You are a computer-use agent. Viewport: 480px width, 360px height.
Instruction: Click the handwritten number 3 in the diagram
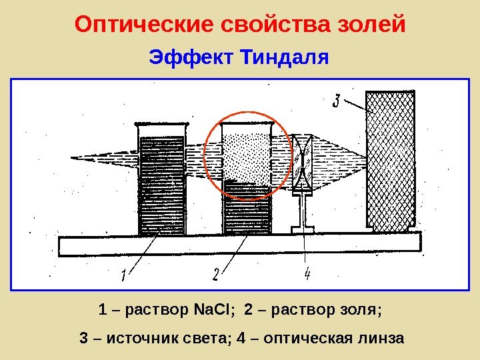tap(337, 101)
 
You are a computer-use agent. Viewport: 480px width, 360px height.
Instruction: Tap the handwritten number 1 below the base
tap(124, 274)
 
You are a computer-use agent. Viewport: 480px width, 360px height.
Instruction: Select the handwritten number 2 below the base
tap(215, 274)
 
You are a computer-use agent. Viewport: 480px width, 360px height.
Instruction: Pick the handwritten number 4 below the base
tap(307, 273)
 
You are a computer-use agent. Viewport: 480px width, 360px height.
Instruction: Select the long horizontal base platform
tap(240, 245)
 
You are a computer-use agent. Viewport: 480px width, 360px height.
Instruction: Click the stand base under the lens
tap(303, 229)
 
